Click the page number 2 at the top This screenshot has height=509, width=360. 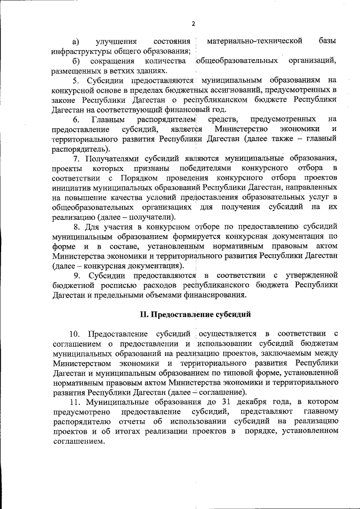point(193,23)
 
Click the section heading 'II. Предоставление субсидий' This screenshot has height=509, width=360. point(195,313)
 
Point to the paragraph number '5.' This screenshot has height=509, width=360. point(76,80)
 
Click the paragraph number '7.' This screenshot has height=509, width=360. point(76,158)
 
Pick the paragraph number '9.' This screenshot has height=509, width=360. point(78,276)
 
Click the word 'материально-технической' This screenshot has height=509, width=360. point(255,41)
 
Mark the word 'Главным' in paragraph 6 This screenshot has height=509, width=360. point(107,119)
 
